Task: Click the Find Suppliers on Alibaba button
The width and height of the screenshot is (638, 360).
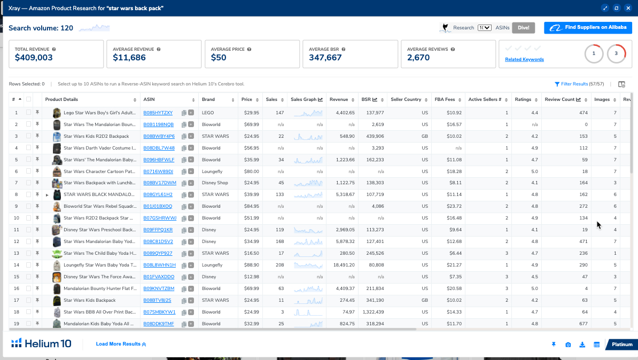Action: (588, 28)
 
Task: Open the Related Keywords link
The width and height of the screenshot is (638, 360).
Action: (524, 59)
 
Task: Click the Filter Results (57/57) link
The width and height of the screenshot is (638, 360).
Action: (579, 84)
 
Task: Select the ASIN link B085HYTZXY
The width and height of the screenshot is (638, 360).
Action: (158, 113)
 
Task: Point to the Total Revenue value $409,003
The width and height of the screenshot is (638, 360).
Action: (34, 58)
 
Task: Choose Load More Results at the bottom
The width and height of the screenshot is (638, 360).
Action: (121, 344)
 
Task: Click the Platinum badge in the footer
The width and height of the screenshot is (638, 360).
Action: (622, 345)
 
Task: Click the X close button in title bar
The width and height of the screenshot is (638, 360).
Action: (628, 8)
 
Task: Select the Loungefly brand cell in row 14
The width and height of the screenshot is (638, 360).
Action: (212, 265)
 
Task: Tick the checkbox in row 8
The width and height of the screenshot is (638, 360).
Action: (28, 194)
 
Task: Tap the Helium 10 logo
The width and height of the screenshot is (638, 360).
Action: (41, 343)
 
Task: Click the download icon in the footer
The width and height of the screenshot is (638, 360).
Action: (582, 345)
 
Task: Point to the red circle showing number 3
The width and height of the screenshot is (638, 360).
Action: (616, 53)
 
